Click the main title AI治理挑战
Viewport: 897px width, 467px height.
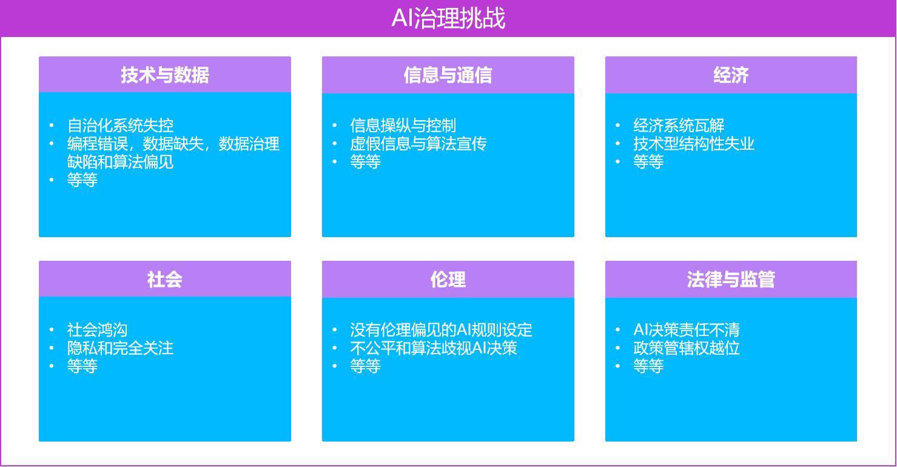tap(448, 18)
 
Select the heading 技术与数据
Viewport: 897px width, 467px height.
tap(165, 75)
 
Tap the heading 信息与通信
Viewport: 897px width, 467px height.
tap(448, 75)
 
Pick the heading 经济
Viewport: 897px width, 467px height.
tap(731, 75)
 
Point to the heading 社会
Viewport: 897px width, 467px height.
tap(165, 279)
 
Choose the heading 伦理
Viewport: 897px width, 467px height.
tap(448, 279)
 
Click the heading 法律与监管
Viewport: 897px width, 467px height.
tap(731, 279)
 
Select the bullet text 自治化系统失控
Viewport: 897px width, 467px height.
tap(120, 126)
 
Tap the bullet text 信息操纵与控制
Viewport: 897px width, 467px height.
tap(403, 126)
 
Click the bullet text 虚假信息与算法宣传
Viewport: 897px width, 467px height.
tap(418, 144)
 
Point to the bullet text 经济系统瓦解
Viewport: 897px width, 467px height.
tap(679, 126)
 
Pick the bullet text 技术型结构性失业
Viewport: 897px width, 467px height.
tap(694, 144)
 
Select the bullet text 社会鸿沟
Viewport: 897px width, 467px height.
tap(97, 330)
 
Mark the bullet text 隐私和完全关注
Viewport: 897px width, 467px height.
tap(120, 348)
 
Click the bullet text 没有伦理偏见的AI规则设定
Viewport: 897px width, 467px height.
tap(441, 330)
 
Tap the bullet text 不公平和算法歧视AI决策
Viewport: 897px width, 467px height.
tap(433, 348)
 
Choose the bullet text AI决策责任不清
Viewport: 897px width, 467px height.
tap(687, 330)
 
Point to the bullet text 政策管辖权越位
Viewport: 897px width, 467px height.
tap(687, 348)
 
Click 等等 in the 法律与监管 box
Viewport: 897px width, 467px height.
tap(648, 366)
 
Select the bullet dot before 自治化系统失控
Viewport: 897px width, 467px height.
tap(52, 126)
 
